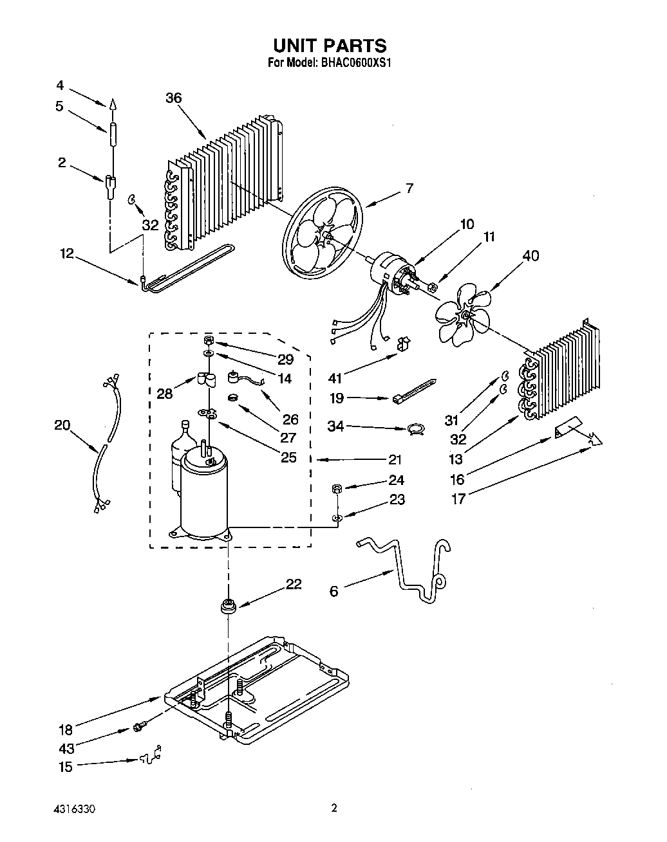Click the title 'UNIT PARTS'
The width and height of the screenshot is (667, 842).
[x=330, y=45]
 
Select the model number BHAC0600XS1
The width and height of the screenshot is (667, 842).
[x=355, y=63]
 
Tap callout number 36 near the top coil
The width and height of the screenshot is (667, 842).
[x=173, y=98]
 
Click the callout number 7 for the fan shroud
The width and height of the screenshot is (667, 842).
[x=409, y=188]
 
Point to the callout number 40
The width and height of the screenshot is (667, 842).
[x=531, y=255]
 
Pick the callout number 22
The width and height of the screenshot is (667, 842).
[x=294, y=584]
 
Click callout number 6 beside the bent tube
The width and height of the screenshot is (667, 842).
[x=333, y=590]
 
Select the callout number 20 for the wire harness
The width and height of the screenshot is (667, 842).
[x=62, y=425]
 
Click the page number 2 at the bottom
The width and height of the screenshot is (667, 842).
[x=333, y=808]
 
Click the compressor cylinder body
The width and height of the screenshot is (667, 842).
[x=203, y=495]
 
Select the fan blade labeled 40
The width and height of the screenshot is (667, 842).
[x=462, y=315]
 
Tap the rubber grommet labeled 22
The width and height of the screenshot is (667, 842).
[x=227, y=606]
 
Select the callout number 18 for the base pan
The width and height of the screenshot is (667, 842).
[x=66, y=729]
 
